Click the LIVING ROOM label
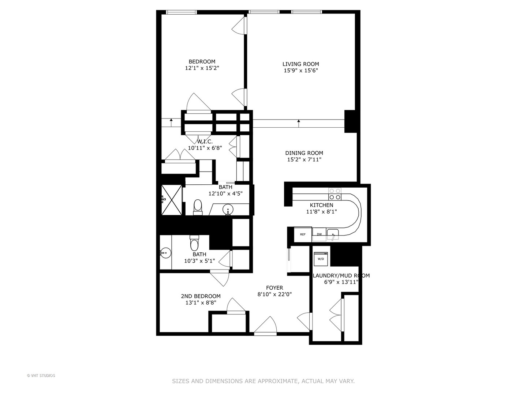[x=300, y=64]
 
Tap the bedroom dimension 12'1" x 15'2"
[x=202, y=68]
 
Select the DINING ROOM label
[x=304, y=153]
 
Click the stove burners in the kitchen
[x=334, y=194]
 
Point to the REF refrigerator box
[x=303, y=234]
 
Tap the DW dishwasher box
[x=319, y=234]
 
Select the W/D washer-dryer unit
[x=321, y=258]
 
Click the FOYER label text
[x=274, y=288]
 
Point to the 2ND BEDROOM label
[x=201, y=296]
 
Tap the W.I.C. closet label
[x=205, y=142]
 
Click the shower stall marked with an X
[x=172, y=200]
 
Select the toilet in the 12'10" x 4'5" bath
[x=198, y=207]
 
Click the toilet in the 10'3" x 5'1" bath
[x=194, y=243]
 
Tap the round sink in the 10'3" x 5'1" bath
[x=165, y=252]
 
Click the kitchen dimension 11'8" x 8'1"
[x=321, y=211]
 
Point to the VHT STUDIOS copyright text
[x=41, y=376]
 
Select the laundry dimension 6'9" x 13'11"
[x=341, y=282]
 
